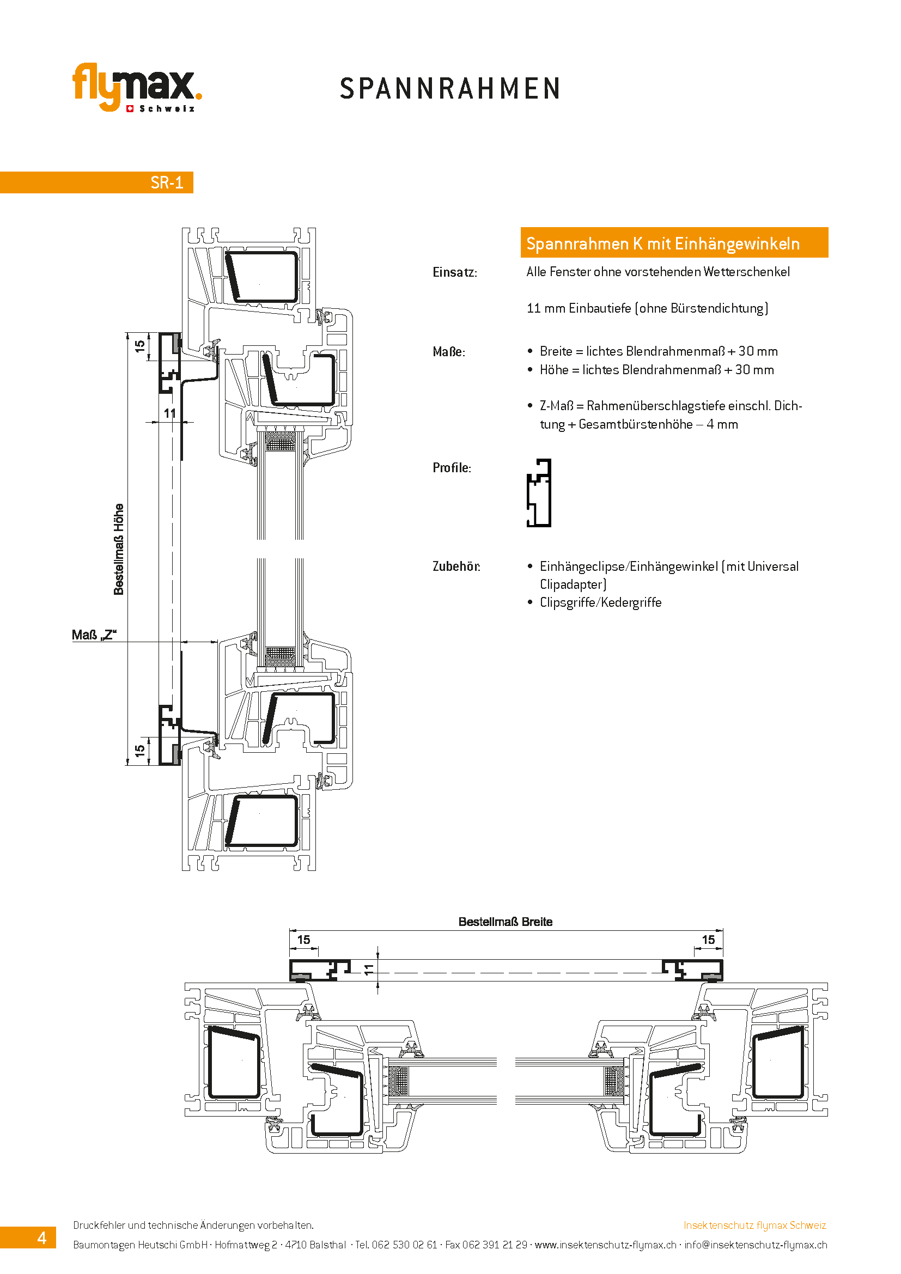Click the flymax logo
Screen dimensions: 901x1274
tap(137, 87)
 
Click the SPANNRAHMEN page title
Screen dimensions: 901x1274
tap(450, 89)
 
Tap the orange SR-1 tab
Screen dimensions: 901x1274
tap(96, 182)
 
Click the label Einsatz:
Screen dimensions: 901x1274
tap(455, 272)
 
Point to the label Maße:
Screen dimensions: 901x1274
tap(449, 352)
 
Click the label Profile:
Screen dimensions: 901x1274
tap(452, 468)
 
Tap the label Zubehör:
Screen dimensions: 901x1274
tap(456, 566)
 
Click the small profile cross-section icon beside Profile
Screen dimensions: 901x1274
tap(539, 493)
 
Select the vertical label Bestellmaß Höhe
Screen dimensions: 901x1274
tap(119, 550)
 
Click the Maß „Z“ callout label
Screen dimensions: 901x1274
tap(94, 635)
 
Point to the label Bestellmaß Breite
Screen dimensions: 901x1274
tap(506, 922)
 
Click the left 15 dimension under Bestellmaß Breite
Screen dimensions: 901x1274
tap(304, 940)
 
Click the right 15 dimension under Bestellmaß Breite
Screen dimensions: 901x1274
tap(709, 940)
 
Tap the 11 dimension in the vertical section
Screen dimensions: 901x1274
tap(170, 413)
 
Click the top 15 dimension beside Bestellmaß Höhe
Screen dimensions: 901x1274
tap(140, 346)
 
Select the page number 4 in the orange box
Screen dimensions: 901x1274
tap(41, 1238)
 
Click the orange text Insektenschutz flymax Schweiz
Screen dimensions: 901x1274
tap(754, 1225)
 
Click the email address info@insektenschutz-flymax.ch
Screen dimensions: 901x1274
tap(756, 1245)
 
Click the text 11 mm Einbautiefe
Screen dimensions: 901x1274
tap(579, 308)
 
